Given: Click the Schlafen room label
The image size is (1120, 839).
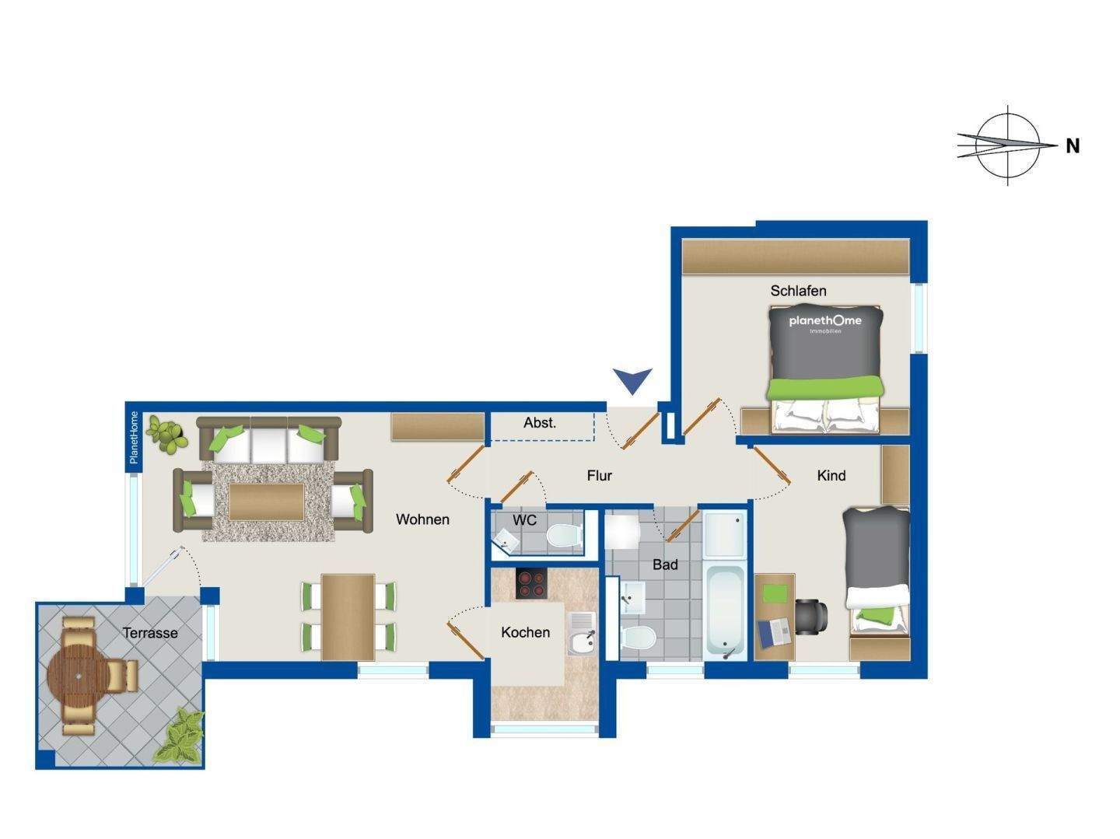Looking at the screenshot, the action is (x=798, y=292).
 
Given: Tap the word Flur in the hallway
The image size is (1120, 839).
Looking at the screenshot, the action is (x=599, y=475).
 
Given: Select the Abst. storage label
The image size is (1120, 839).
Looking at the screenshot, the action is (x=539, y=422).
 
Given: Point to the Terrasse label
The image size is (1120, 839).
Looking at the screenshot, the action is (x=150, y=633).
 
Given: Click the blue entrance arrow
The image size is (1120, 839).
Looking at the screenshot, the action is (x=632, y=380).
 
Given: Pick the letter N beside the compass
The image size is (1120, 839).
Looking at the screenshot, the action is (x=1073, y=146).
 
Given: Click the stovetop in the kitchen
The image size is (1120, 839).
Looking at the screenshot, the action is (x=531, y=583).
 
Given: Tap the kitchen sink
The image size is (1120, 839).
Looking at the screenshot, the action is (x=581, y=633).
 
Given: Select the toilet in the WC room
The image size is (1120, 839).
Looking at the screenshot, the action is (x=564, y=536).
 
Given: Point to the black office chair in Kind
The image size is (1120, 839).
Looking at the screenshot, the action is (x=811, y=617).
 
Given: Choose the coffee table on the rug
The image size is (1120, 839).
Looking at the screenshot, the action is (x=266, y=502).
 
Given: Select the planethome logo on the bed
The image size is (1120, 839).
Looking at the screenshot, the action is (x=825, y=323).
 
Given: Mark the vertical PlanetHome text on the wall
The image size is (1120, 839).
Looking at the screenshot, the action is (x=134, y=437).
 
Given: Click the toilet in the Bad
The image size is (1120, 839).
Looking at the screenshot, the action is (x=638, y=638).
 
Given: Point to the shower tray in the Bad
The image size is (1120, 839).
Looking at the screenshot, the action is (x=725, y=534).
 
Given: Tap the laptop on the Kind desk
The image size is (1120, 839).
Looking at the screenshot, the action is (x=775, y=634).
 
